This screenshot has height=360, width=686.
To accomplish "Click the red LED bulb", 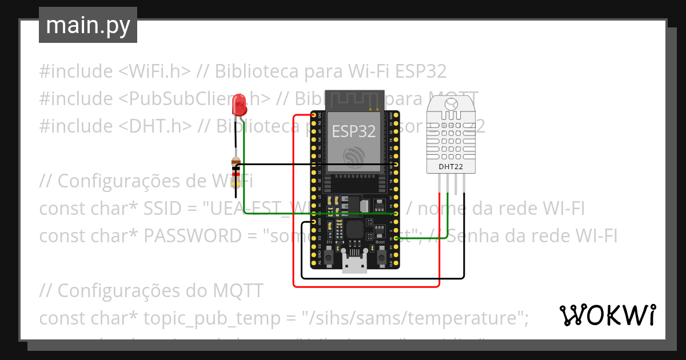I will (x=240, y=105).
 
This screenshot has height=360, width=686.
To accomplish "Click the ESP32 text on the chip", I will (x=354, y=131).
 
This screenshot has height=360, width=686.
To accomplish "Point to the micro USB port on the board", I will (x=354, y=265).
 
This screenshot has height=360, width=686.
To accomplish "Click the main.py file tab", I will (x=88, y=25).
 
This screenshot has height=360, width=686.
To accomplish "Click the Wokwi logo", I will (x=607, y=315).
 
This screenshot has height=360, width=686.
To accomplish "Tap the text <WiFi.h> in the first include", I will (x=155, y=71).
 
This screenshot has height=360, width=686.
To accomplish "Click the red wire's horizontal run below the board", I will (x=366, y=286).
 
